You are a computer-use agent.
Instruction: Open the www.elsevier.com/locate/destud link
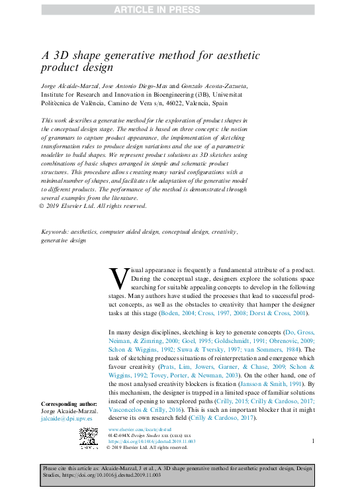[136, 430]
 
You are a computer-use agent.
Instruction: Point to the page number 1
[312, 440]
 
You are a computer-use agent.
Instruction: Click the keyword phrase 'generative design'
[63, 241]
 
